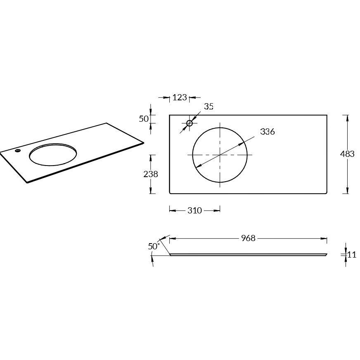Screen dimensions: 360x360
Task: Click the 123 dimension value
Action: pos(180,97)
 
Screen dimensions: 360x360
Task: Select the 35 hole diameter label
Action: pos(209,107)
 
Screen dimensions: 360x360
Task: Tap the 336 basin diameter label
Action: pos(268,132)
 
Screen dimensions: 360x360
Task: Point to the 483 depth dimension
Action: pos(347,154)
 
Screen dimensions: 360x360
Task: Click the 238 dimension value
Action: pos(151,174)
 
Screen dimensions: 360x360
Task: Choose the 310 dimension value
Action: pos(195,211)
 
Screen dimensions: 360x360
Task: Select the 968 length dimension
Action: pos(248,238)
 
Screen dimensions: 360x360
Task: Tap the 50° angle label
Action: pos(154,246)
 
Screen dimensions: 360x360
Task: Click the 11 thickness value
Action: pos(351,255)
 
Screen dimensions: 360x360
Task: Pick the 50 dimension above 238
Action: pos(144,119)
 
